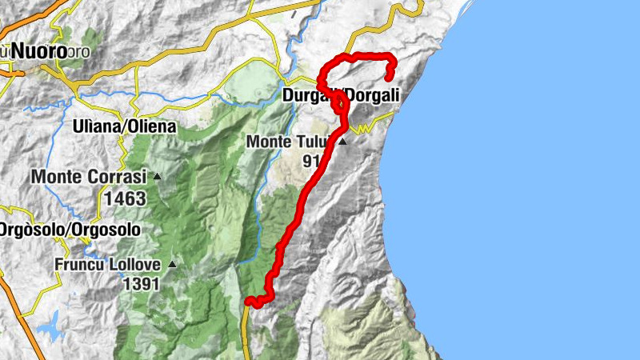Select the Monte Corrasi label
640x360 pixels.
point(89,177)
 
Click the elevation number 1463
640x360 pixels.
point(124,198)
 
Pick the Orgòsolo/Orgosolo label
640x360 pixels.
point(70,230)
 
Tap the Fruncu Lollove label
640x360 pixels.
point(108,264)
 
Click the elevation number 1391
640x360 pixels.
point(141,283)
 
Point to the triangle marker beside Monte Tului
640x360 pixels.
point(342,142)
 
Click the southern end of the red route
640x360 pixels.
point(249,302)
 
